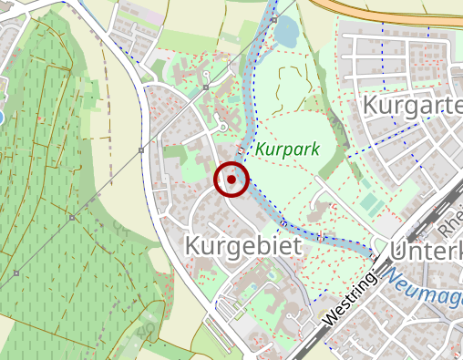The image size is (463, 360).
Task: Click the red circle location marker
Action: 231,180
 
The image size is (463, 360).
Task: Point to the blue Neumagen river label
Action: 425,284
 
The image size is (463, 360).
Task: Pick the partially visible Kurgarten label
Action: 412,106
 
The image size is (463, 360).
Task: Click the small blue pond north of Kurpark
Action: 285,34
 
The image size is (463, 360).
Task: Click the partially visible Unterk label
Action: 426,250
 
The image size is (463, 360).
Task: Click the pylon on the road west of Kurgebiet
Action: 140,149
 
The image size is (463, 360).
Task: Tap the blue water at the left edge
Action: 1,117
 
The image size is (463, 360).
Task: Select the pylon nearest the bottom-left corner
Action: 16,273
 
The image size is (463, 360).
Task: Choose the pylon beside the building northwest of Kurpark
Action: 207,87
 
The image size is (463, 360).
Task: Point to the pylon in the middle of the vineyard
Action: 71,217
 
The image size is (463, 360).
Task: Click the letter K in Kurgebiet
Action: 193,245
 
